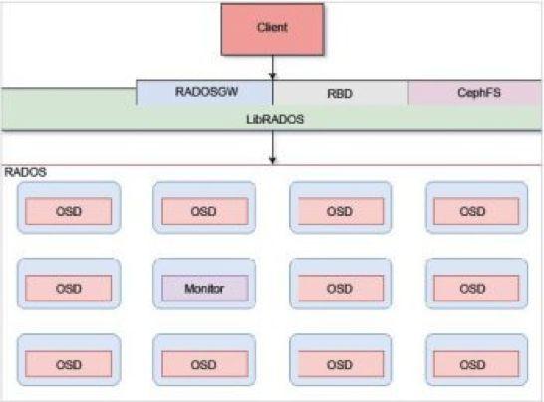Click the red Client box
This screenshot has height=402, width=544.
pos(272,28)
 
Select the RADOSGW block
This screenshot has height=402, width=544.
pos(204,93)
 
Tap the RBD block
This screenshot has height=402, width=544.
pos(340,93)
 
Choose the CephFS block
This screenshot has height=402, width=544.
pos(475,93)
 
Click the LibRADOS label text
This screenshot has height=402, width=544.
pos(271,117)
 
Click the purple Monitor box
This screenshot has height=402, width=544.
pos(204,288)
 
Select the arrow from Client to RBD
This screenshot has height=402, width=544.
pos(272,68)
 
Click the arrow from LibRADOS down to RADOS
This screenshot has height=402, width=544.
pos(272,147)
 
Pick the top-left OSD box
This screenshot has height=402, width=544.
pos(68,211)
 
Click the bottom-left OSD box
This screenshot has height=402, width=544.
pos(68,365)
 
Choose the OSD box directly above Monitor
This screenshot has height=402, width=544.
pos(204,211)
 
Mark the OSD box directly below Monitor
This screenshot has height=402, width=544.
pos(204,365)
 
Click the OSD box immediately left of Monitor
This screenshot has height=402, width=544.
pos(68,288)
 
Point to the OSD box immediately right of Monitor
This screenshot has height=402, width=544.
pos(340,288)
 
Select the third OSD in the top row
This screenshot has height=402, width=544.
pos(340,211)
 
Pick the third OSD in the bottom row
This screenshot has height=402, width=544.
pos(340,365)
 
